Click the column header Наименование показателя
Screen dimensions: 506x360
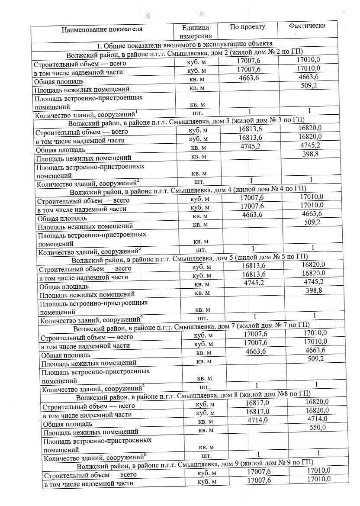click(102, 29)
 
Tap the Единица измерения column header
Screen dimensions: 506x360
click(196, 32)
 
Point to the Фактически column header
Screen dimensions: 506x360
click(307, 26)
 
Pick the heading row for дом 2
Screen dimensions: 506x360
click(184, 53)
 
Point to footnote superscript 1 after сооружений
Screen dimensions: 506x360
click(136, 112)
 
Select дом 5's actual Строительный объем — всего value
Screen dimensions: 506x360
click(313, 264)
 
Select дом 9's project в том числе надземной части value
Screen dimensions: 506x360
click(259, 480)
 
